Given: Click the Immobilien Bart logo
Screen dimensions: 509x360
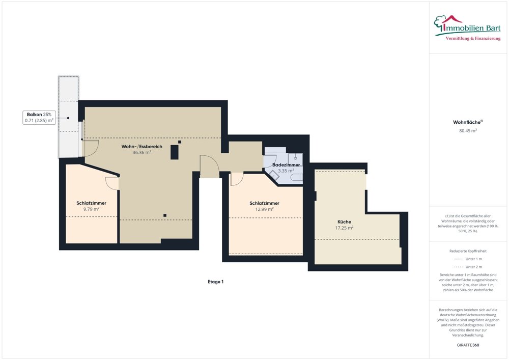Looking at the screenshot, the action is click(x=467, y=28).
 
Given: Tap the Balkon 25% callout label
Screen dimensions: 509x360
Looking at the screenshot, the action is click(x=39, y=118).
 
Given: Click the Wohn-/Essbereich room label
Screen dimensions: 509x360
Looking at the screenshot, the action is click(x=142, y=147).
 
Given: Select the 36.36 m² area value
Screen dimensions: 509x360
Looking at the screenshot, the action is click(x=142, y=152).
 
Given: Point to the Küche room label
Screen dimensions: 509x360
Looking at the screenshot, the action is click(x=344, y=221).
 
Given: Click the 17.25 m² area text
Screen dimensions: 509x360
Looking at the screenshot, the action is click(x=344, y=228).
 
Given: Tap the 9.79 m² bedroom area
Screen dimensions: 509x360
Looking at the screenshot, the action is click(x=91, y=209).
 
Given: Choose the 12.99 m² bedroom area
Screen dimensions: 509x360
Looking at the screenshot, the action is click(x=264, y=209).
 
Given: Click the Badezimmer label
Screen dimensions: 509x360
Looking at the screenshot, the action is click(x=286, y=165).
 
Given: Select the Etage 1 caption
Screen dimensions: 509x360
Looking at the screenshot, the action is click(x=215, y=282).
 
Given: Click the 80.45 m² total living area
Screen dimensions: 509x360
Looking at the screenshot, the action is click(x=468, y=131).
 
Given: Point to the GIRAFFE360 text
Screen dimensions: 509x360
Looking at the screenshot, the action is click(x=468, y=345).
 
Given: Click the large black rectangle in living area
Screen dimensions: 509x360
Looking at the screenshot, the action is click(x=174, y=152).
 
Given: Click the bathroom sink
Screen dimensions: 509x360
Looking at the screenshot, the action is click(x=295, y=159).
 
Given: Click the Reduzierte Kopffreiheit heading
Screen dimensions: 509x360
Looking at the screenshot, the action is click(x=468, y=251).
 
